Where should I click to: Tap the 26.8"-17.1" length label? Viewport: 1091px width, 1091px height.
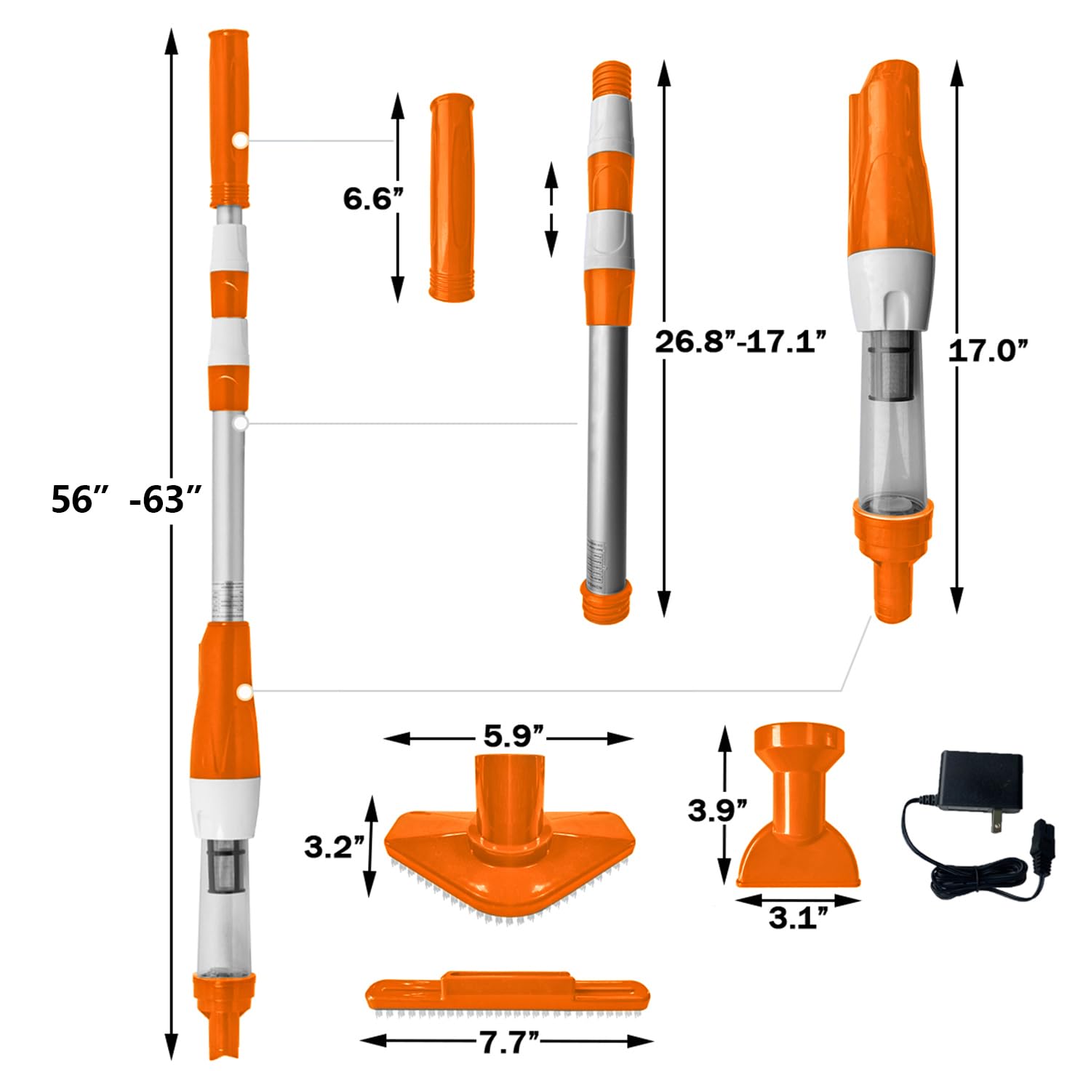[741, 341]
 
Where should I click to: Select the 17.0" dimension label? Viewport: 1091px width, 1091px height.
[989, 351]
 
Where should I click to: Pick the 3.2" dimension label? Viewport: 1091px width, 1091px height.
[332, 847]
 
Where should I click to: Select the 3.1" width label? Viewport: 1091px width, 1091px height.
[799, 919]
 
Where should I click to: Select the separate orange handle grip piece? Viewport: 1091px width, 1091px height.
[452, 196]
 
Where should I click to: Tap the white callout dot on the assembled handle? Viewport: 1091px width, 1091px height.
[239, 141]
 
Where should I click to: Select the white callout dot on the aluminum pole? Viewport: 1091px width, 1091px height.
[241, 422]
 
